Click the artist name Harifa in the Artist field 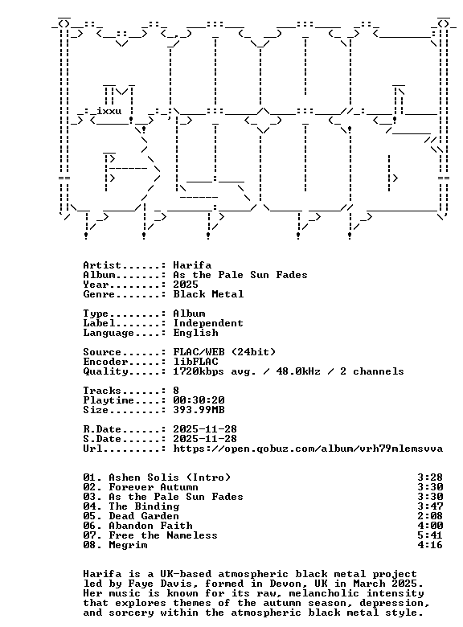pos(192,265)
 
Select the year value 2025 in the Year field pos(186,285)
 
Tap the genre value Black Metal pos(208,294)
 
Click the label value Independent pos(208,323)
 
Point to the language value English pos(195,333)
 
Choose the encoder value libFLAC pos(195,362)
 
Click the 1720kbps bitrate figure pos(199,371)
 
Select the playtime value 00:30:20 pos(199,400)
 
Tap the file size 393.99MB pos(199,410)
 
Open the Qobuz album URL pos(308,449)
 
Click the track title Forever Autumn pos(154,487)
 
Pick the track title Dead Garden pos(144,516)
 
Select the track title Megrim pos(128,545)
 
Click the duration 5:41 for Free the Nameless pos(430,535)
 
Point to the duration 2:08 pos(430,516)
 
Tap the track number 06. pos(91,526)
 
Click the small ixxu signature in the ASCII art pos(109,111)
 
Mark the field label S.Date pos(102,439)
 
